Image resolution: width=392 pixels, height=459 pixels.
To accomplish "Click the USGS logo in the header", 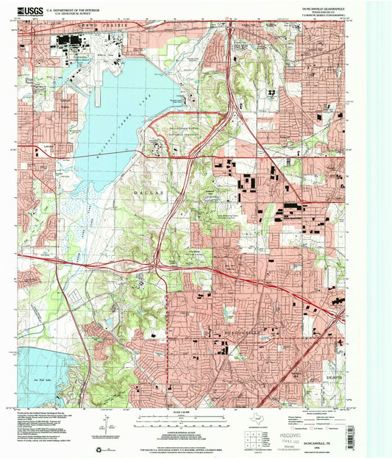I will tap(29, 11).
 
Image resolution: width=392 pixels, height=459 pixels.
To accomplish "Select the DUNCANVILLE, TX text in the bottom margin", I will tap(324, 437).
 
